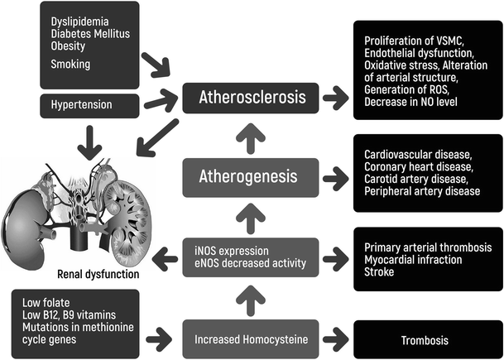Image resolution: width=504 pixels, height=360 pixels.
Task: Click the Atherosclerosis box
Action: click(x=251, y=99)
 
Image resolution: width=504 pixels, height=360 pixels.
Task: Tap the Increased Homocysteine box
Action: click(x=250, y=338)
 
